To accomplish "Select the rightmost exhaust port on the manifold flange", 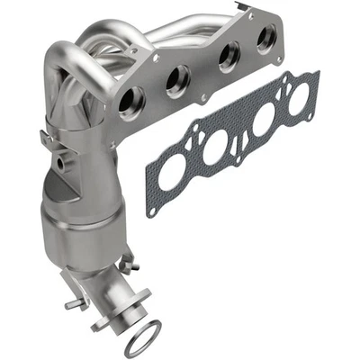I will [265, 38].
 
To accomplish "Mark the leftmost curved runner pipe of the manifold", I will [56, 72].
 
